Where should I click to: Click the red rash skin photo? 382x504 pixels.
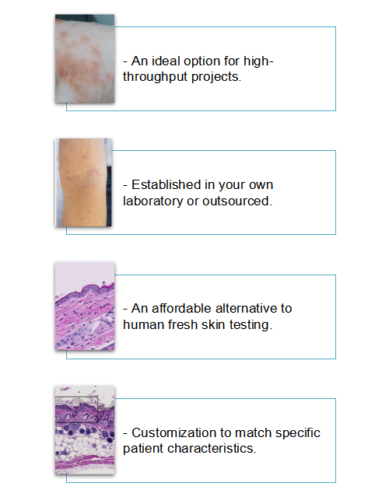[84, 58]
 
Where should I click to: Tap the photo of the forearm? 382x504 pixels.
[84, 183]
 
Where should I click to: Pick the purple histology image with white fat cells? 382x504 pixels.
[84, 429]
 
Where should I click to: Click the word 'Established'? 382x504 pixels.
[167, 185]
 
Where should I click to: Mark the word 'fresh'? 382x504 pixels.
[182, 324]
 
